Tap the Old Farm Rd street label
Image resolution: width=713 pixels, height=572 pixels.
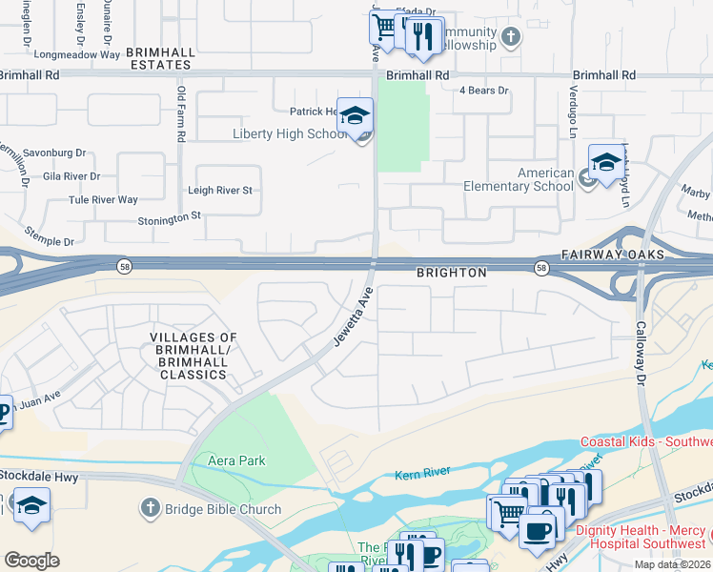point(180,114)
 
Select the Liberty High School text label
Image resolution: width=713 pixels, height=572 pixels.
point(290,133)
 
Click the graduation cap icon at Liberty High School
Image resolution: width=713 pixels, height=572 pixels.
point(355,116)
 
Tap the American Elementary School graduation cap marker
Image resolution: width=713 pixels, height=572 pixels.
point(605,163)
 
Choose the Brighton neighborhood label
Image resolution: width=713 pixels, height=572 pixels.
point(451,273)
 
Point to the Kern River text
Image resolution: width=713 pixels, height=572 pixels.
point(422,475)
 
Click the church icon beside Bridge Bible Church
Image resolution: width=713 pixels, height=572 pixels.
point(150,508)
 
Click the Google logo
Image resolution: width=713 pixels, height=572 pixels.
point(31,560)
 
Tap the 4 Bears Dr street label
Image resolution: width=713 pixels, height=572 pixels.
point(483,91)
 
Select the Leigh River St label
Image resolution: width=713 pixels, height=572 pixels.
point(219,191)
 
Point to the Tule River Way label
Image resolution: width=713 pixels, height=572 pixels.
point(103,200)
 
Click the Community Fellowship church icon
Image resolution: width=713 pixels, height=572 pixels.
point(512,38)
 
